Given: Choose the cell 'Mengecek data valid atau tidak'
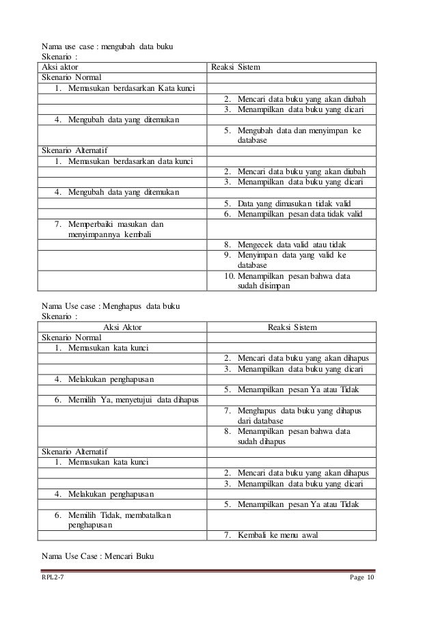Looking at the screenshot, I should [292, 245].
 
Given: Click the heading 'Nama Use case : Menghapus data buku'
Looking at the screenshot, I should [111, 305].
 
